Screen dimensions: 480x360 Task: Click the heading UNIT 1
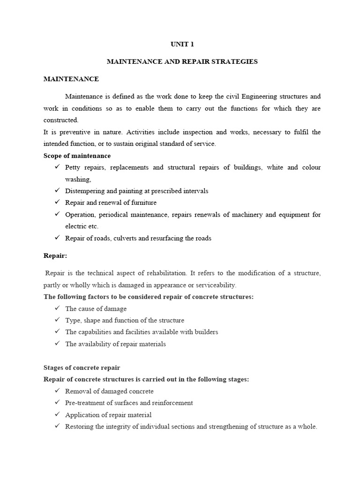point(182,45)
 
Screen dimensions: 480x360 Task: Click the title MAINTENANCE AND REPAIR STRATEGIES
point(182,62)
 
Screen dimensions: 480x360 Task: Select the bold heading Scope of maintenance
point(77,156)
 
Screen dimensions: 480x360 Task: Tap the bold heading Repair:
point(55,255)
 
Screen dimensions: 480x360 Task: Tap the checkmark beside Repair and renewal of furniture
point(57,202)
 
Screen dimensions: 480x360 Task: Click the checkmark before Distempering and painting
point(57,191)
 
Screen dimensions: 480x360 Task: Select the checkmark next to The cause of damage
point(57,308)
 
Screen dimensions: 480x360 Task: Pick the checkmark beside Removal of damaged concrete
point(57,391)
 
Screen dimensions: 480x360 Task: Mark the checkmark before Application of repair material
point(57,415)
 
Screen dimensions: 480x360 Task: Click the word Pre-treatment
point(84,403)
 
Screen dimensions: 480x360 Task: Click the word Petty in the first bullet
point(73,167)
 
